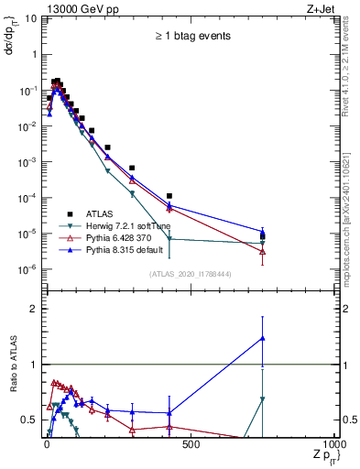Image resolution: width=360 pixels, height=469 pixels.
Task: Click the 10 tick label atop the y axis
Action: click(29, 18)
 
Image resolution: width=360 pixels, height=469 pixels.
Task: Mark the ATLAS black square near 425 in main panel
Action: click(169, 196)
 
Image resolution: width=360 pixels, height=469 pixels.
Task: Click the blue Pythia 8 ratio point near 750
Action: click(263, 338)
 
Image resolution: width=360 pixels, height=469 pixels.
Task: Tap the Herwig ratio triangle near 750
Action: click(263, 399)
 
